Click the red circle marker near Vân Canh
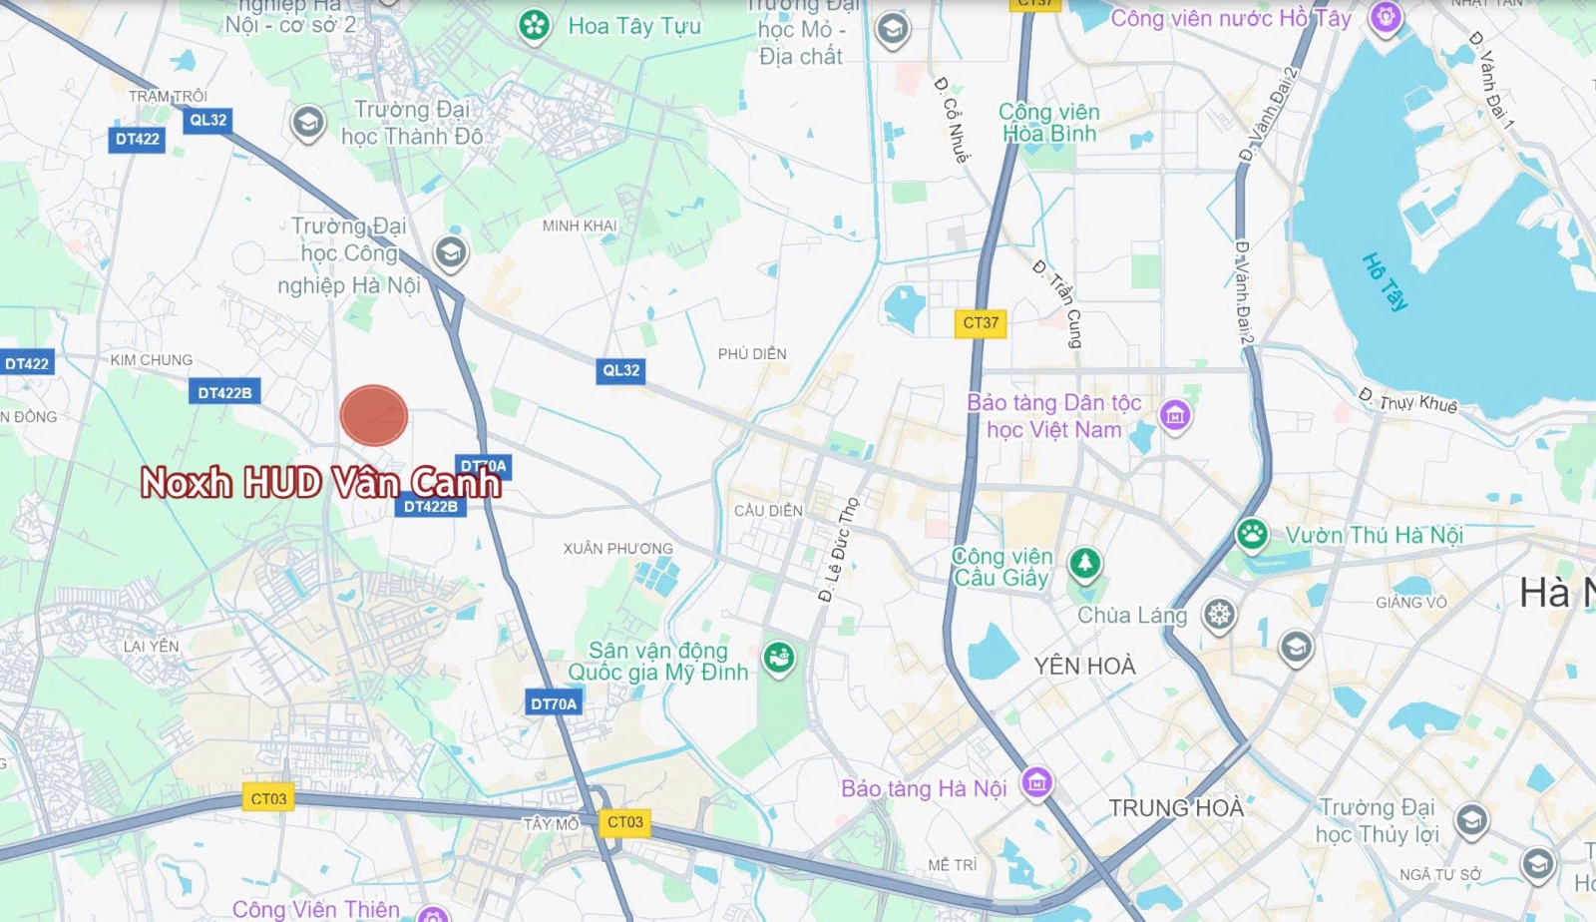click(374, 415)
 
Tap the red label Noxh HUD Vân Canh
click(320, 483)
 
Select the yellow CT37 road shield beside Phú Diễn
click(981, 323)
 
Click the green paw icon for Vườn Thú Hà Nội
click(1252, 534)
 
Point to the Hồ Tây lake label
click(1385, 281)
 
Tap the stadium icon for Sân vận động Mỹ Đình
click(779, 658)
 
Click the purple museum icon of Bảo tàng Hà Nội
click(1036, 783)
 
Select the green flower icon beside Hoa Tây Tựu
click(535, 26)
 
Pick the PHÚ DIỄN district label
click(752, 354)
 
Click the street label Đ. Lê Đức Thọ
click(838, 550)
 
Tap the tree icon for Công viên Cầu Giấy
click(1084, 564)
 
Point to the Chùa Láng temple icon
click(1219, 615)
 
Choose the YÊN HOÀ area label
click(1084, 666)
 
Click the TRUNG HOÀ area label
click(1176, 807)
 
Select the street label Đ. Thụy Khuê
click(1407, 399)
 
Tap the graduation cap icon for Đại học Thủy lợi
click(1471, 820)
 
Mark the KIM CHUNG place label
click(152, 360)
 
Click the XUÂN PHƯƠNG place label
click(617, 549)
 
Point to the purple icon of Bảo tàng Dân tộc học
click(1175, 414)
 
